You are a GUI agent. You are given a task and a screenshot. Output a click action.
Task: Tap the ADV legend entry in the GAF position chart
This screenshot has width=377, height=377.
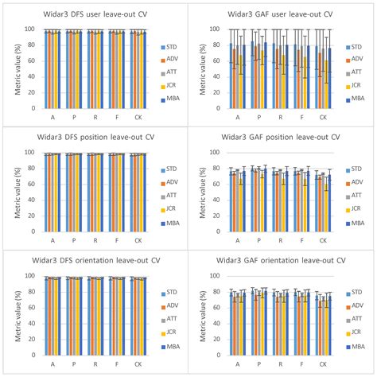(353, 182)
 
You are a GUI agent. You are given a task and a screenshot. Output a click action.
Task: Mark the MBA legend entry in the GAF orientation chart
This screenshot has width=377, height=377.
(353, 347)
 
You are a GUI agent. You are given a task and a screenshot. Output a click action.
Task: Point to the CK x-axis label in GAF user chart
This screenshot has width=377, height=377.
(322, 116)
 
